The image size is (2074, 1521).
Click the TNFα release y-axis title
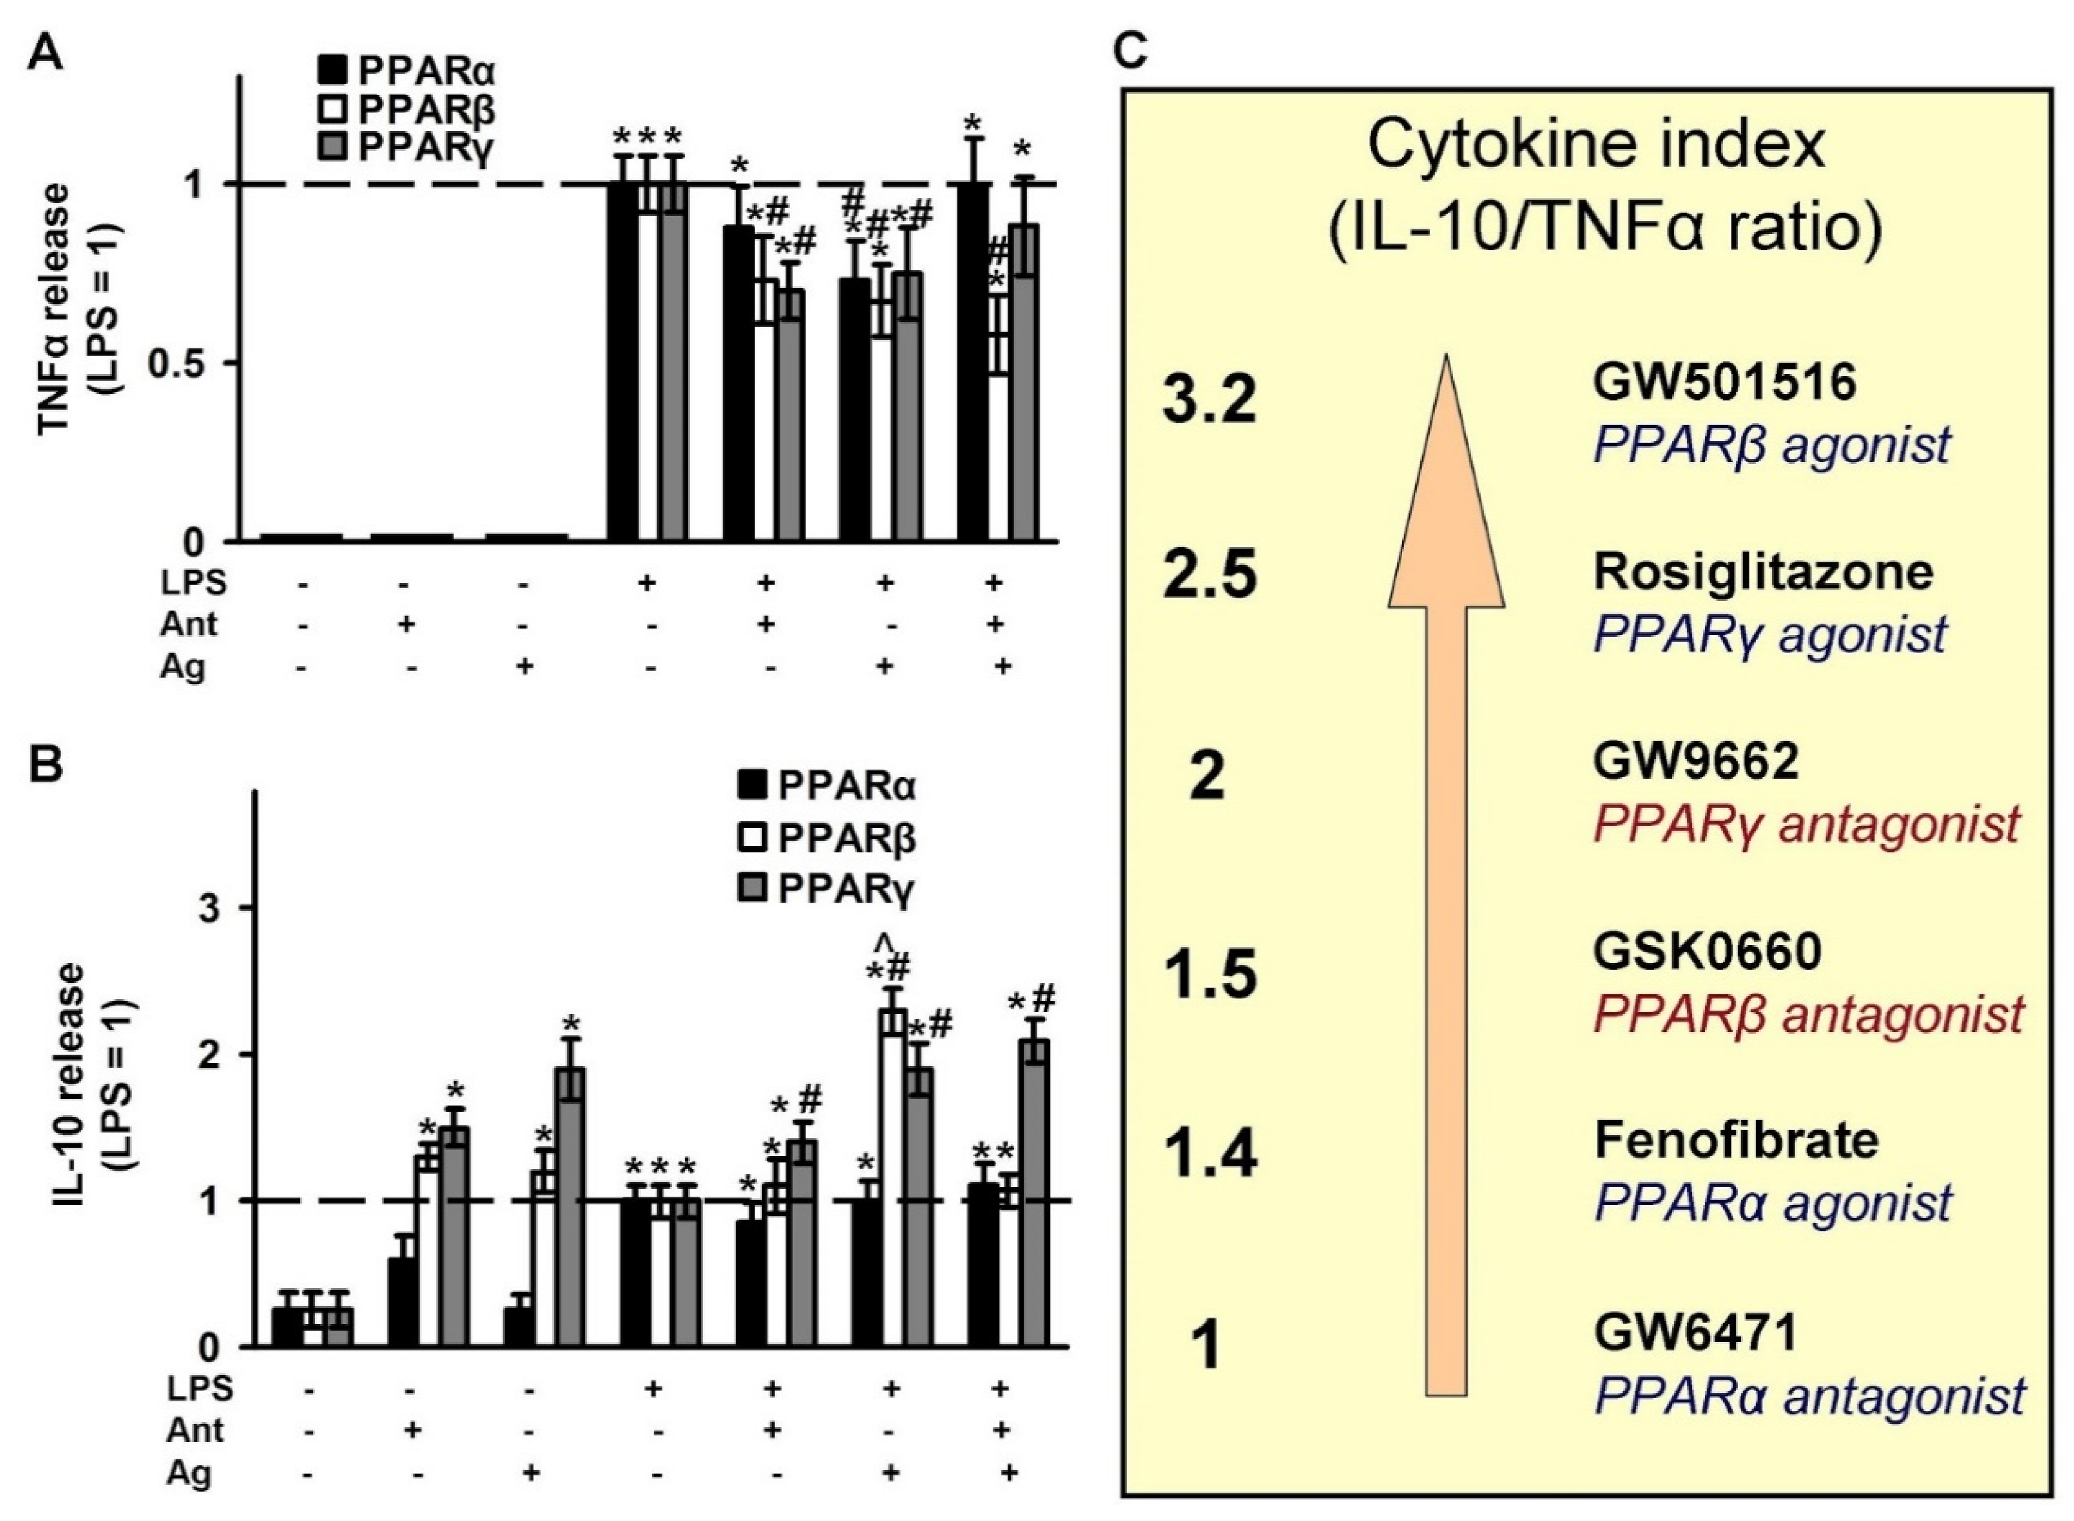pyautogui.click(x=78, y=309)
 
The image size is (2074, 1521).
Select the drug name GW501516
pyautogui.click(x=1724, y=382)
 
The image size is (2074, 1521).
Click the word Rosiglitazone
pyautogui.click(x=1763, y=573)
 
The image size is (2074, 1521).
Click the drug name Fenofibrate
pyautogui.click(x=1736, y=1141)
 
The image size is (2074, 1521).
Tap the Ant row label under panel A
pyautogui.click(x=189, y=625)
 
